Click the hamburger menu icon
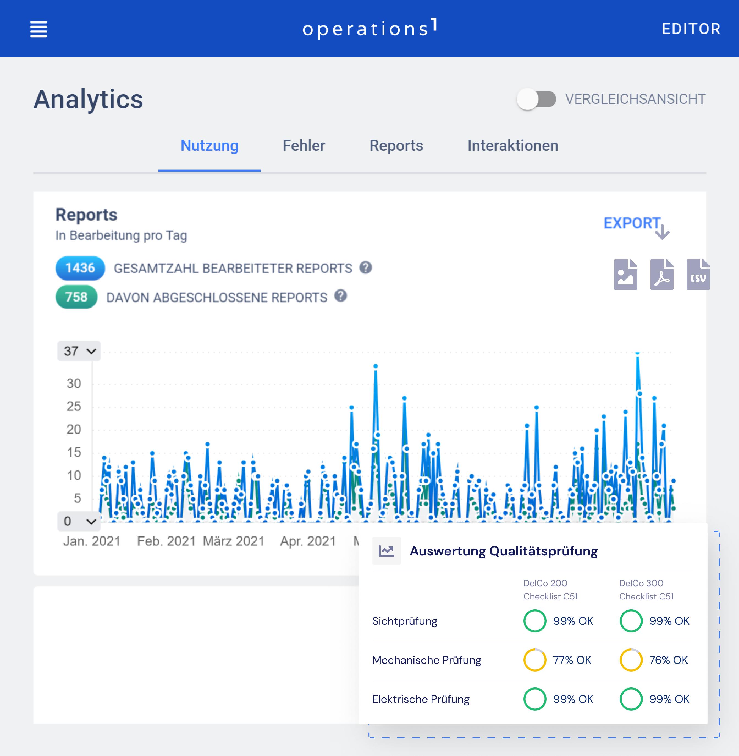[x=38, y=29]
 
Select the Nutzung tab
[x=209, y=146]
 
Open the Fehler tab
[x=304, y=146]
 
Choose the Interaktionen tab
[x=512, y=146]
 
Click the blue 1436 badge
[x=80, y=268]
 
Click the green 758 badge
[x=76, y=297]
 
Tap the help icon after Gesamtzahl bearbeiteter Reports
[x=365, y=267]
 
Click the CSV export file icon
[x=697, y=275]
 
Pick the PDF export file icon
[x=661, y=275]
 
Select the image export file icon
[x=625, y=275]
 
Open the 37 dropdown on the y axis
[x=79, y=351]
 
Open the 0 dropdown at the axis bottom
[x=79, y=521]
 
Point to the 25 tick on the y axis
[x=74, y=407]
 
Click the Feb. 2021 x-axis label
[x=166, y=541]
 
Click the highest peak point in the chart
[x=637, y=353]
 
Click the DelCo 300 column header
[x=646, y=590]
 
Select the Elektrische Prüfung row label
[x=421, y=699]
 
